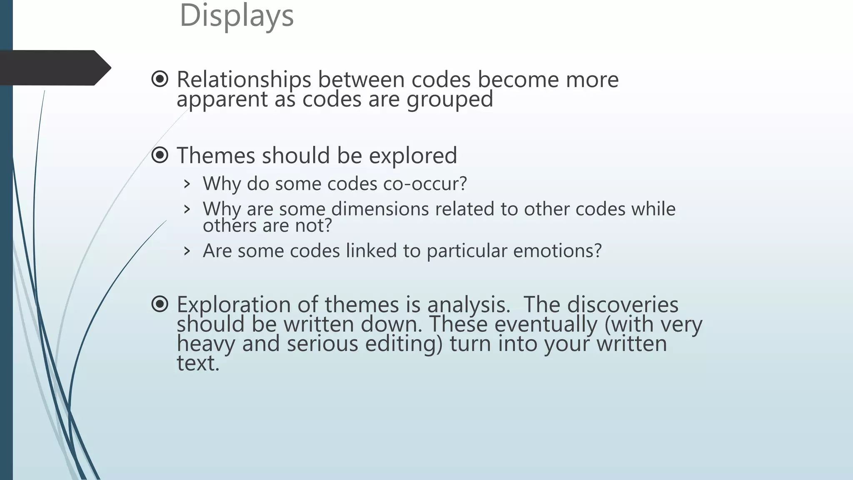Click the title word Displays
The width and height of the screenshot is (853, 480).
(x=237, y=16)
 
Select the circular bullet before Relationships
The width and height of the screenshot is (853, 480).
(x=160, y=79)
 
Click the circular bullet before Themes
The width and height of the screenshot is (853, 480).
(x=160, y=155)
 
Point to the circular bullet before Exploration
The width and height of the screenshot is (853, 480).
(x=160, y=304)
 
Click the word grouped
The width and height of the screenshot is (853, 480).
(x=449, y=100)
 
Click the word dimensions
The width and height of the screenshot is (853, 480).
(x=380, y=209)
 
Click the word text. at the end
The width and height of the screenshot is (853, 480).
(x=198, y=363)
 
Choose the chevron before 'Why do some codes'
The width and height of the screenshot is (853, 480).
(x=187, y=184)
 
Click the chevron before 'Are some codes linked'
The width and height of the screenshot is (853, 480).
(x=187, y=251)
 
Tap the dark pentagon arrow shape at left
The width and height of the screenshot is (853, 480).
(x=54, y=67)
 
